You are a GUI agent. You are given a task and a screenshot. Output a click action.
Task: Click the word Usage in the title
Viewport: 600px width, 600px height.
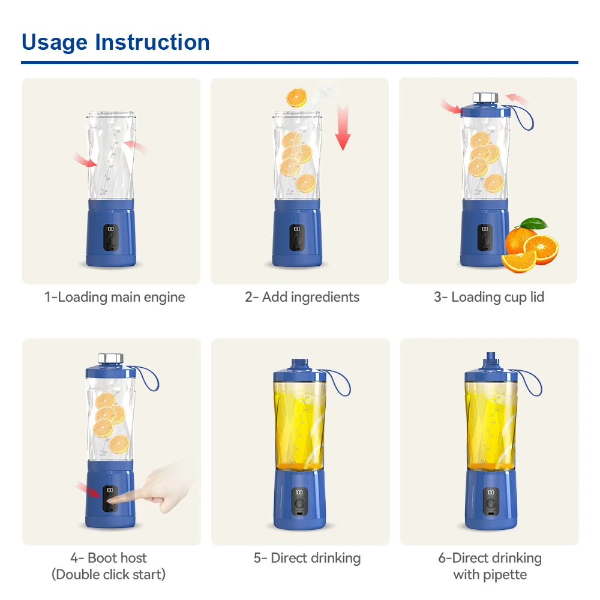click(55, 43)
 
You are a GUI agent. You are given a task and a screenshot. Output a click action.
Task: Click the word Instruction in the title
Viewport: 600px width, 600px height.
click(152, 43)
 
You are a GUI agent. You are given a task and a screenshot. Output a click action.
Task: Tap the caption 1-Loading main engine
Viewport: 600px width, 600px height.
click(115, 297)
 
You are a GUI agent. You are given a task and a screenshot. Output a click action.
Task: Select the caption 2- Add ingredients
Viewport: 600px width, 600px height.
click(302, 297)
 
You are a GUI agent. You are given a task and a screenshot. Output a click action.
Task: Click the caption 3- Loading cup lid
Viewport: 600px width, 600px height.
click(489, 297)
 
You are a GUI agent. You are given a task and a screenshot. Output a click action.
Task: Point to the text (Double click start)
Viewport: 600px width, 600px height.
click(108, 574)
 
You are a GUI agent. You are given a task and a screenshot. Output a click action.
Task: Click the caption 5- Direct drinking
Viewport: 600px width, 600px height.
click(307, 558)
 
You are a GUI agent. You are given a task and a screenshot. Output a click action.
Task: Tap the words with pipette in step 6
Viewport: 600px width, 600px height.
click(490, 575)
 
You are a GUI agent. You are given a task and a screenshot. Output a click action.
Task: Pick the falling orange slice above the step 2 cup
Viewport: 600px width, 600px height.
click(296, 97)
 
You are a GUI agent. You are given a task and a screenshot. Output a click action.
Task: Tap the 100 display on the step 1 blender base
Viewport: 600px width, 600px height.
click(111, 229)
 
